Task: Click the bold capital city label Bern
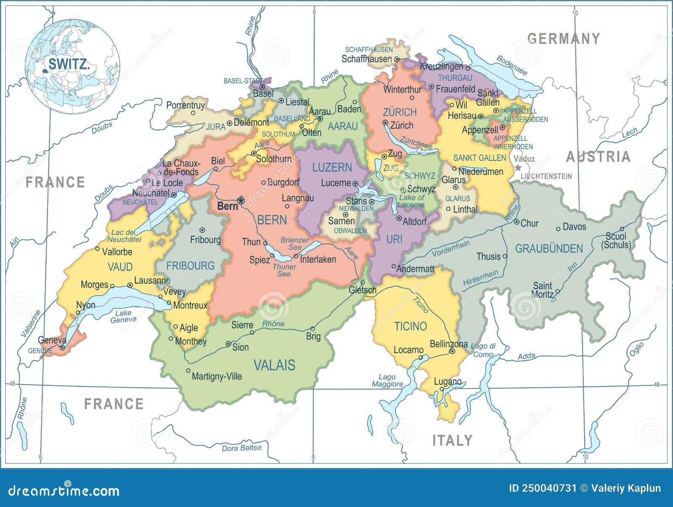point(228,206)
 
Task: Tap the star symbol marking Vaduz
point(518,167)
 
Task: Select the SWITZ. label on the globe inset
point(69,64)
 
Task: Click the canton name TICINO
point(410,326)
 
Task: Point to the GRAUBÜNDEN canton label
point(549,248)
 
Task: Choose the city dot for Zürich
point(385,122)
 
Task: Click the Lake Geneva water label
point(123,316)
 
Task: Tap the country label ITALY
point(452,440)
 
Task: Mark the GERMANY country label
point(563,39)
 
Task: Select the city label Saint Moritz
point(542,290)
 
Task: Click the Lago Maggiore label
point(387,380)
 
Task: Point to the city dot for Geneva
point(62,348)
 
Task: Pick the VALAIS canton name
point(274,365)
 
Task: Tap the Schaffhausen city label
point(366,59)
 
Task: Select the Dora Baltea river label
point(241,448)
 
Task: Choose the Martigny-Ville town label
point(217,376)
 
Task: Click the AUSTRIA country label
point(598,157)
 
